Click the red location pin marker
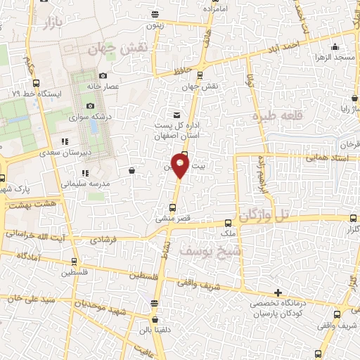(x=181, y=167)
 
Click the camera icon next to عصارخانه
(x=103, y=76)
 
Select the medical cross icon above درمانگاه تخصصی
(x=278, y=292)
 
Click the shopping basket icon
(x=132, y=169)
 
